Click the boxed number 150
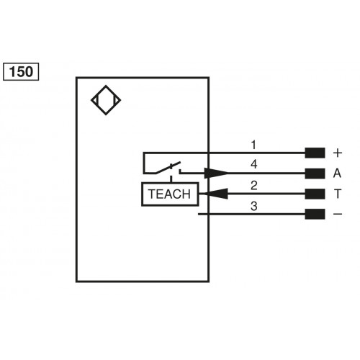tap(21, 72)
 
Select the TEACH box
tap(168, 194)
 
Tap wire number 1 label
tap(253, 145)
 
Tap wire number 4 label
tap(253, 164)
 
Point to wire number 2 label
tap(253, 185)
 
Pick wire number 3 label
tap(253, 206)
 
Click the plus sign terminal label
tap(337, 153)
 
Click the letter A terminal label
tap(337, 174)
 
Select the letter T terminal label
tap(337, 194)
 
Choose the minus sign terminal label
tap(337, 214)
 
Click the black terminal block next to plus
tap(315, 153)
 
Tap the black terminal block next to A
tap(315, 174)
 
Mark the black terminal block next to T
tap(315, 194)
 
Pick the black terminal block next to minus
tap(315, 214)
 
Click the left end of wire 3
tap(198, 214)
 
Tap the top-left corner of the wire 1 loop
tap(143, 153)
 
